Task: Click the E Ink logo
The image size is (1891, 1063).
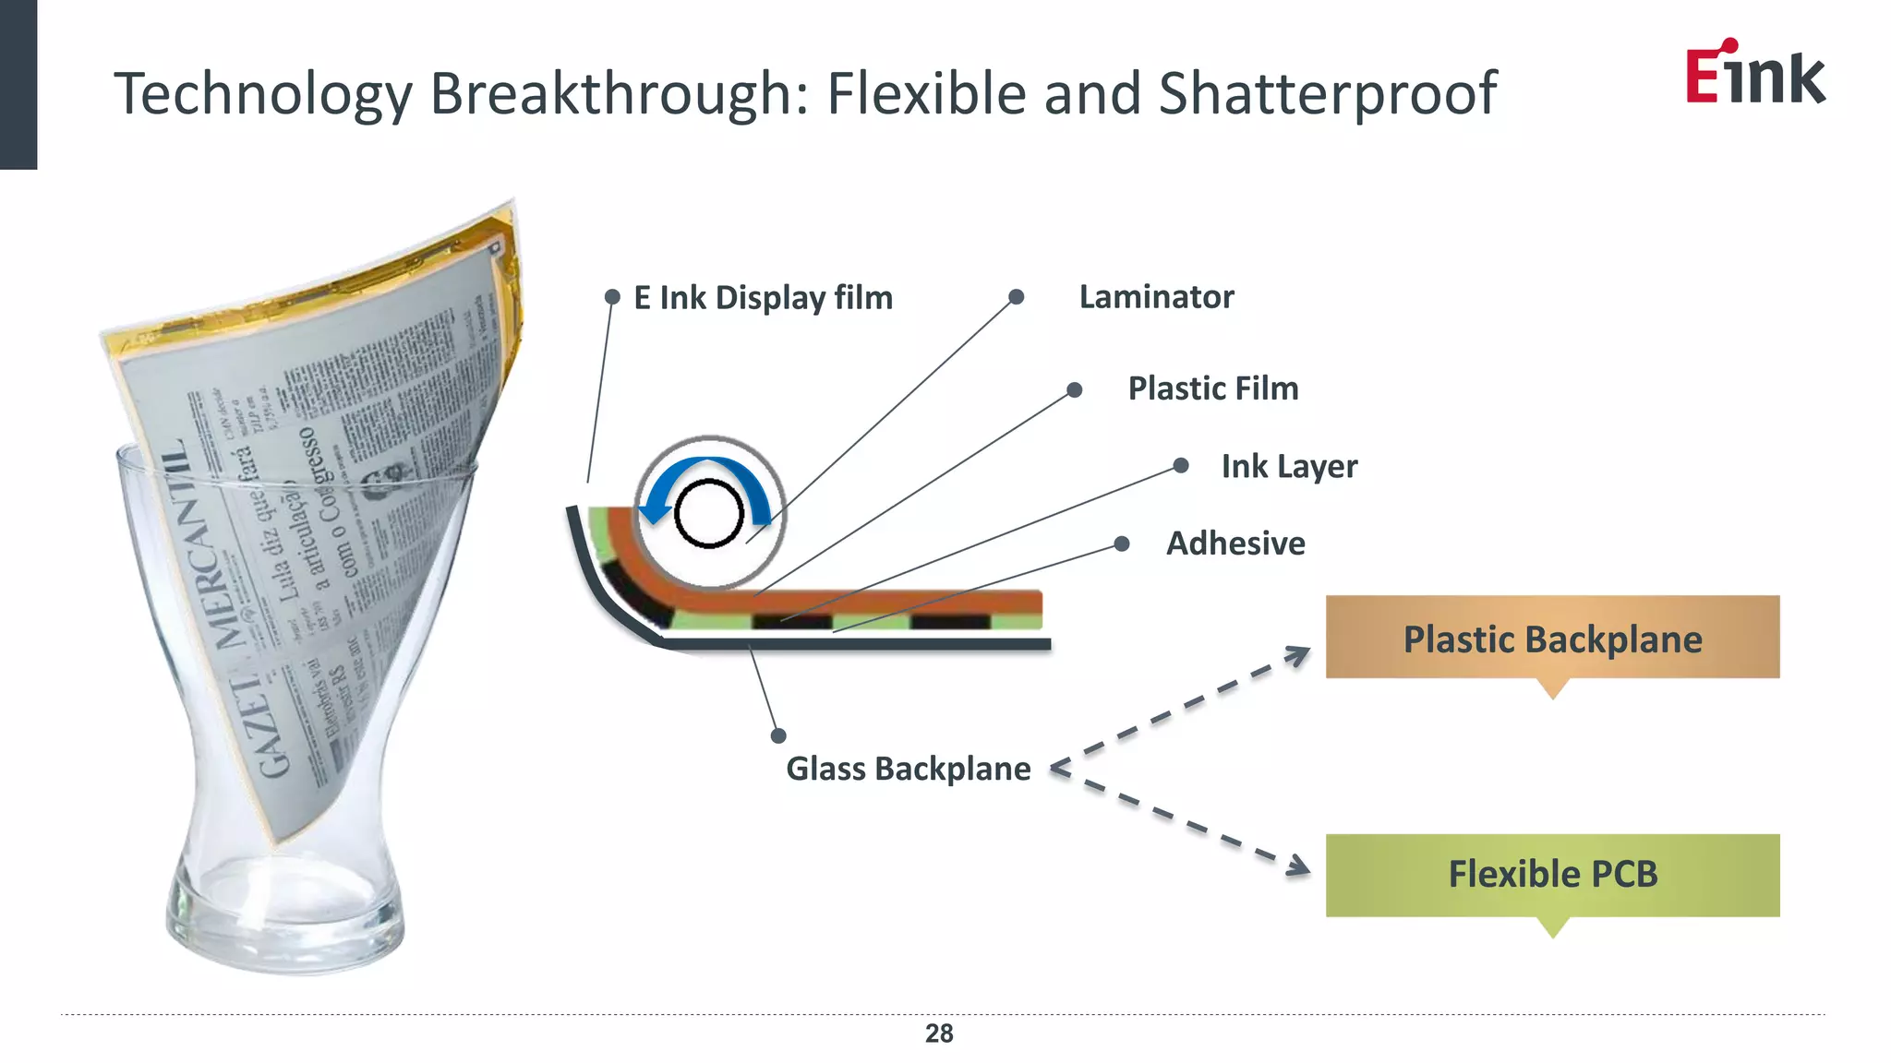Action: (x=1754, y=73)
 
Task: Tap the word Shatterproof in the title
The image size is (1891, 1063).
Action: (x=1327, y=94)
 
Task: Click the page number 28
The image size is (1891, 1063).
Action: (x=938, y=1033)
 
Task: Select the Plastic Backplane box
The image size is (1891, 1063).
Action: (x=1552, y=639)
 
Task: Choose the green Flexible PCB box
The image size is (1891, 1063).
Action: (x=1552, y=875)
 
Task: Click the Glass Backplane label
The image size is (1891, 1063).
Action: (x=908, y=769)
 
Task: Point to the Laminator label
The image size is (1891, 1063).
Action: (x=1156, y=297)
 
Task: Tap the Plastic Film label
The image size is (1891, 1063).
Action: (x=1212, y=388)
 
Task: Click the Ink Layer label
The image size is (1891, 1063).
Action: (x=1289, y=467)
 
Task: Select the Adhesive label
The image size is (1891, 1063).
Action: (x=1235, y=543)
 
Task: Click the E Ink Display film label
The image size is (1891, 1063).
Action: (x=763, y=298)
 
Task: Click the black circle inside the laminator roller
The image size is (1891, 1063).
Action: (x=709, y=514)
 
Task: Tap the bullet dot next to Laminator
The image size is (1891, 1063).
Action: (x=1016, y=297)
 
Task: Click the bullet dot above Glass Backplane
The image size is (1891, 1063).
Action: (x=778, y=735)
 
